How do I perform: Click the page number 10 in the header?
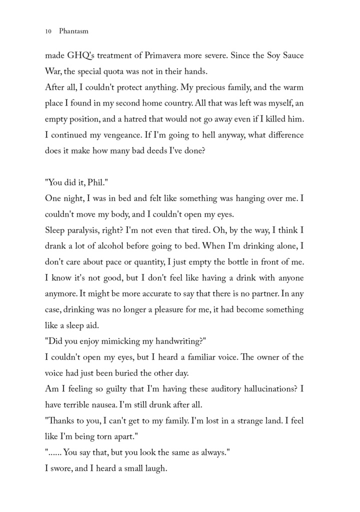pos(48,31)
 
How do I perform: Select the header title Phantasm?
pos(74,31)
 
